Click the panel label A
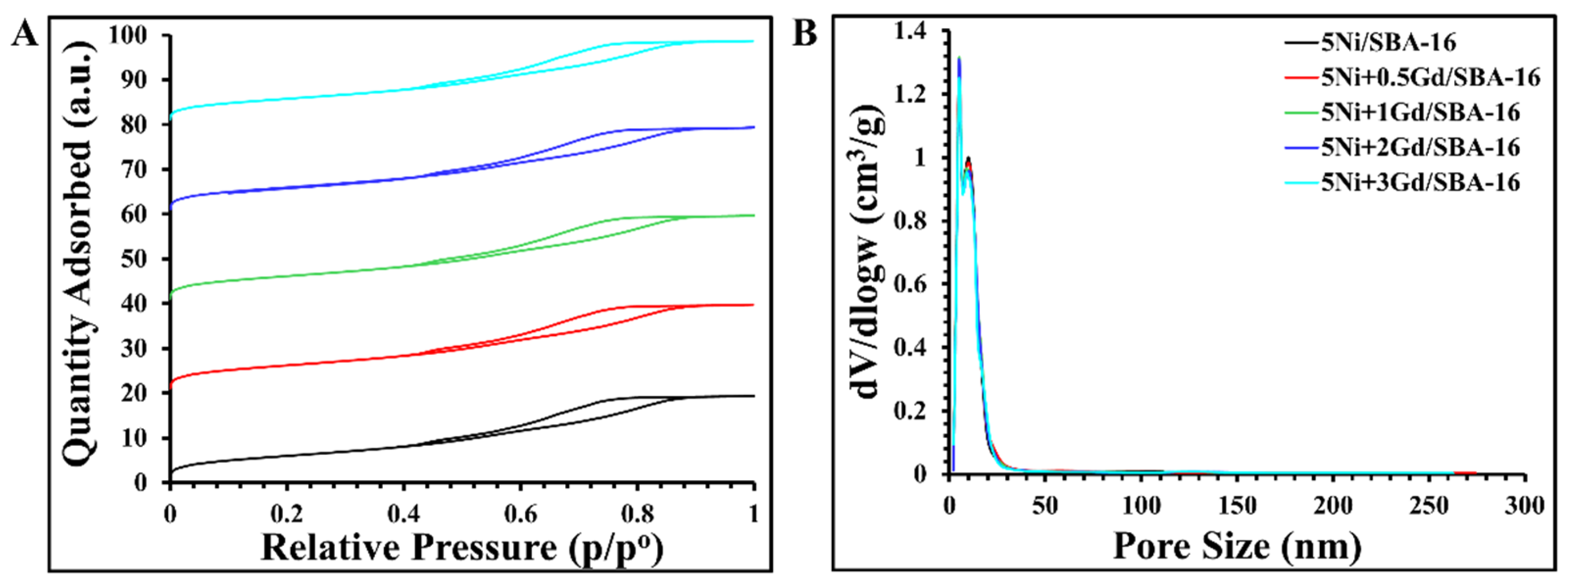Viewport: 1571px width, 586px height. pos(26,33)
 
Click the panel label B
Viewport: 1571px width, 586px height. pos(804,33)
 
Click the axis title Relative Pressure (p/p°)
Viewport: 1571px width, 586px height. pos(462,547)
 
